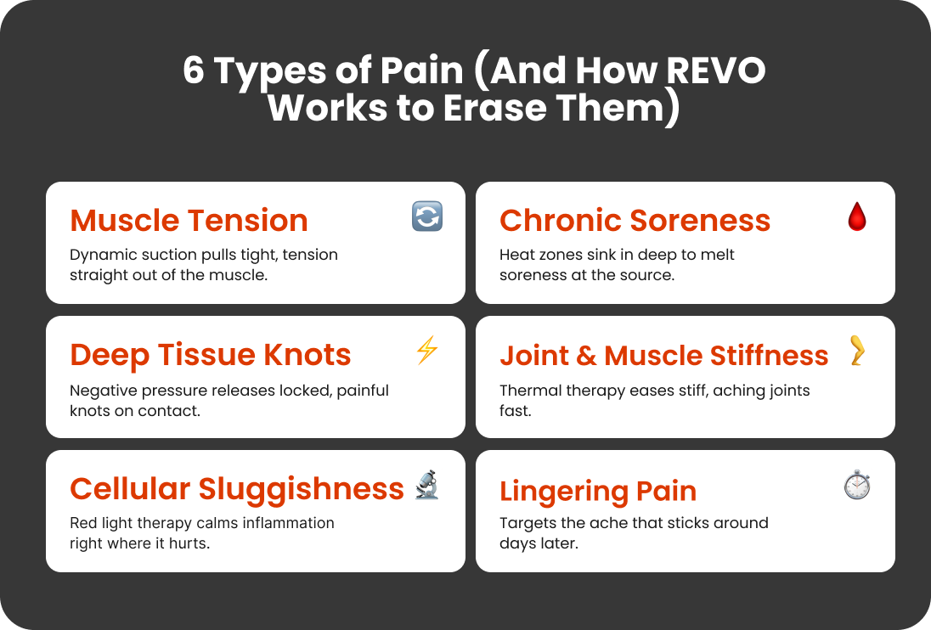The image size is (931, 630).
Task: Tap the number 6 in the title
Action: point(194,70)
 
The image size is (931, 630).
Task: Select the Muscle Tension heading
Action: point(189,220)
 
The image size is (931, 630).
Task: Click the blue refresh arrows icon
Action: point(427,216)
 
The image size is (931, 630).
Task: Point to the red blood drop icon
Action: point(857,216)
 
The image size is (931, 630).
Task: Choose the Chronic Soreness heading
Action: point(635,220)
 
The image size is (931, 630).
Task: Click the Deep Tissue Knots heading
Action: point(210,355)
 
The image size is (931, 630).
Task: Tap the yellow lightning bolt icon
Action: point(427,350)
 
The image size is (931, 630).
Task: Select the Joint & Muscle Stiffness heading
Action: point(663,356)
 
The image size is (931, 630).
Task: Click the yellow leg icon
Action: point(857,350)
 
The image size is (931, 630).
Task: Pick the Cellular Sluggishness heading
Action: point(237,489)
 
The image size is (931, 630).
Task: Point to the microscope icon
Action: point(427,485)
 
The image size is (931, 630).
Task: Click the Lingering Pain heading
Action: point(598,492)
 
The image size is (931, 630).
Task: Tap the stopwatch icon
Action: point(857,484)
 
